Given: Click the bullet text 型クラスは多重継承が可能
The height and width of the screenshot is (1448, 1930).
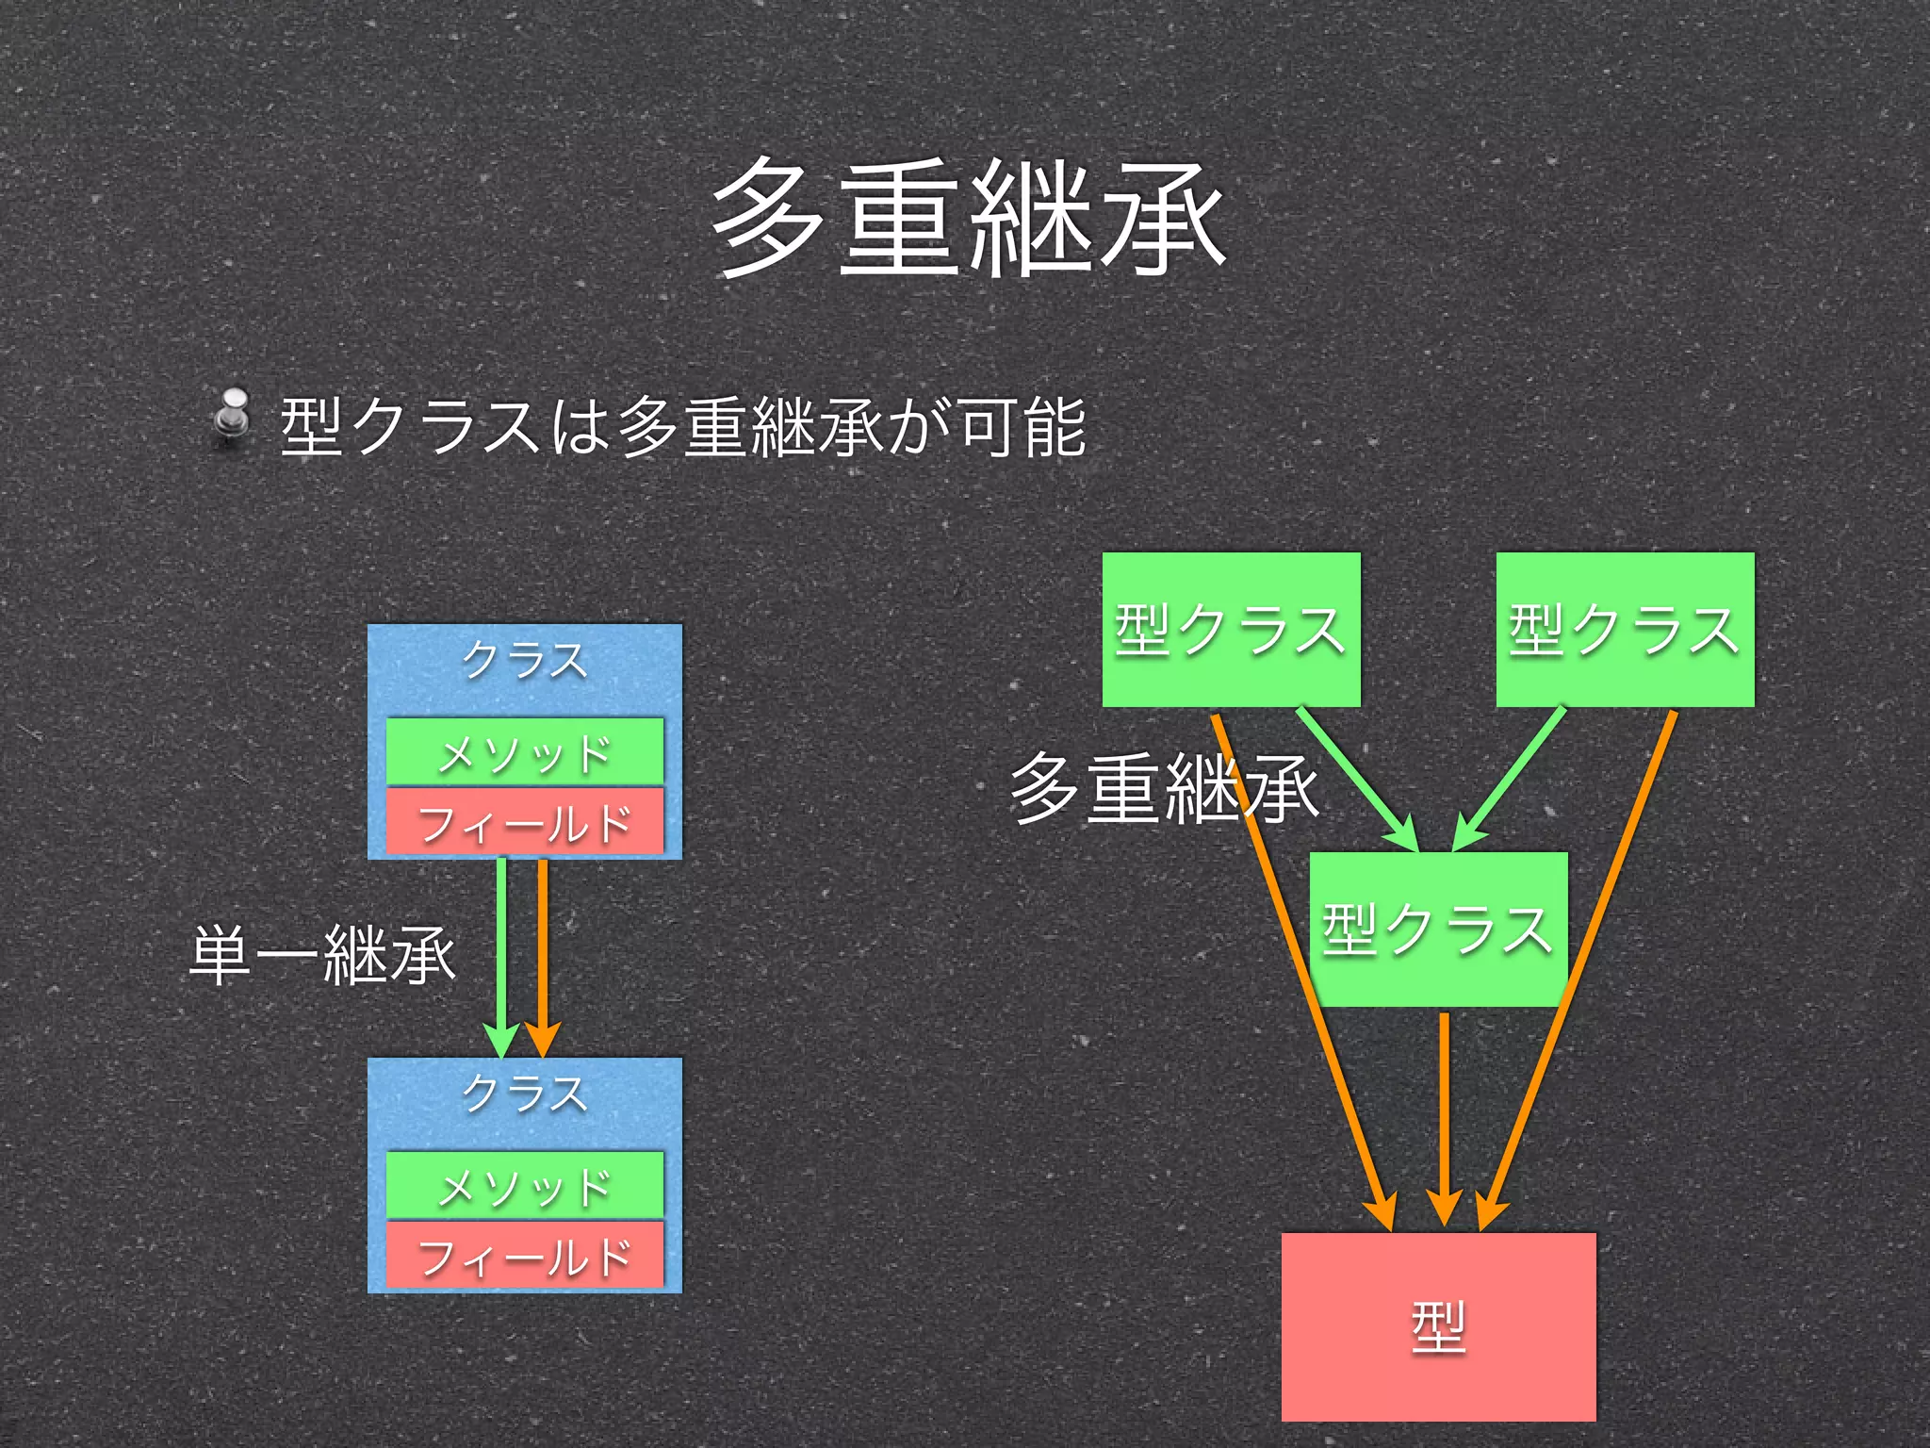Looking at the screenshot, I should click(x=684, y=427).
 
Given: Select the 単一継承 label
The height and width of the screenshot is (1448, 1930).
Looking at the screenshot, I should click(x=322, y=955).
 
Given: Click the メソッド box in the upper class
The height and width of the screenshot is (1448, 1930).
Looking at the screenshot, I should click(x=525, y=752).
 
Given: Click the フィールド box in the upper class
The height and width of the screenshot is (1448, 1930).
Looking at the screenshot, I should click(x=525, y=822).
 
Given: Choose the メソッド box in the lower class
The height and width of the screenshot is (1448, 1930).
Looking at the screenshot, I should click(x=525, y=1185).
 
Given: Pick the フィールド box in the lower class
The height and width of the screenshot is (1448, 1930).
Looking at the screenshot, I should click(x=525, y=1256).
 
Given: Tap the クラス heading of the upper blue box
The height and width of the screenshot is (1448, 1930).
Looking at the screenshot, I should click(x=525, y=660).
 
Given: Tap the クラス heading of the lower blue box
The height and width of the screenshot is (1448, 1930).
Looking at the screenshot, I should click(x=525, y=1094).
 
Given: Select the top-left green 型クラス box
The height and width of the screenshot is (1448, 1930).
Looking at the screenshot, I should click(x=1231, y=630).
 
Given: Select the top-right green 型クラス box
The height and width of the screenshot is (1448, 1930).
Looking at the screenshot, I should click(x=1625, y=630).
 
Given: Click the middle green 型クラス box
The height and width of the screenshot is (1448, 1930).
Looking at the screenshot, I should click(x=1438, y=930).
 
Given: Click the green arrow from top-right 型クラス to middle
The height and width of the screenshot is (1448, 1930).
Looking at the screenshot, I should click(x=1512, y=775).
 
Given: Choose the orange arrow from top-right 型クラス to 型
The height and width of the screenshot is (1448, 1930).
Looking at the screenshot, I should click(x=1593, y=943).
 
